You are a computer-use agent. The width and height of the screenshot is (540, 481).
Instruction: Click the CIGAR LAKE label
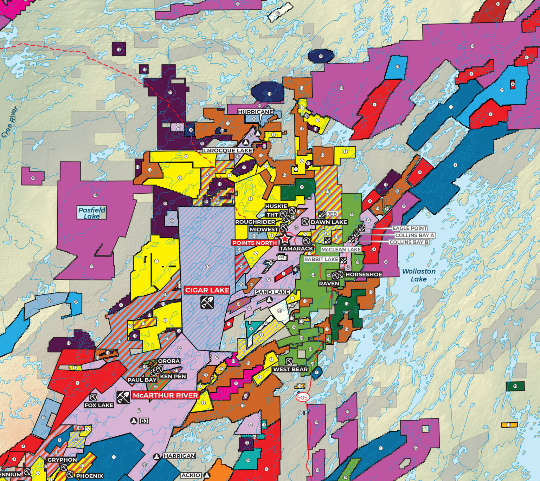[207, 290]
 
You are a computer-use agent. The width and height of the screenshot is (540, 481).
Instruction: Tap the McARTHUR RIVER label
[165, 395]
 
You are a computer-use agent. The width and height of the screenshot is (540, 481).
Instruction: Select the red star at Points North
[285, 239]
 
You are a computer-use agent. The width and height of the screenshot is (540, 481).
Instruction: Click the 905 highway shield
[302, 398]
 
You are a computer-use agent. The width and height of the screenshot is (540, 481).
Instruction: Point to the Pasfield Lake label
[91, 213]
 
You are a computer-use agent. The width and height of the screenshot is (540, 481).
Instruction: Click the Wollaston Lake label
[419, 275]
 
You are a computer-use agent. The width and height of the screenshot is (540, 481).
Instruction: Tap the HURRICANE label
[255, 112]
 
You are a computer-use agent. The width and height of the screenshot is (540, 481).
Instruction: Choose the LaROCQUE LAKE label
[227, 150]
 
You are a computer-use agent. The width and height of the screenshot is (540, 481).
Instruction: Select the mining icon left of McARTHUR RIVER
[123, 397]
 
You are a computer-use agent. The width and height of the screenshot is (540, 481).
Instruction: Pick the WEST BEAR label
[290, 369]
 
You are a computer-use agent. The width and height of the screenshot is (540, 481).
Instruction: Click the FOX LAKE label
[99, 405]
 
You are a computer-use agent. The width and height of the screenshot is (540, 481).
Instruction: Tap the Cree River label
[9, 122]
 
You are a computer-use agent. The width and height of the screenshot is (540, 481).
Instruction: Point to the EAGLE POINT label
[410, 228]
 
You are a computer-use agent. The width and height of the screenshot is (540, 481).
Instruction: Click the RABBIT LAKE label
[321, 259]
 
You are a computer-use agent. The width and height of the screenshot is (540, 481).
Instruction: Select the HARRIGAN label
[179, 456]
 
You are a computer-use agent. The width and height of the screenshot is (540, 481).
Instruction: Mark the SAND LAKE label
[272, 292]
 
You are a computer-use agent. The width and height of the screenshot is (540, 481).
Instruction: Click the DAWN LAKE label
[329, 222]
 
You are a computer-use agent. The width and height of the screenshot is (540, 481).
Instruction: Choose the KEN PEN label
[173, 376]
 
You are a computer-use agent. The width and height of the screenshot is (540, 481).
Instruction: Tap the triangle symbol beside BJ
[134, 421]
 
